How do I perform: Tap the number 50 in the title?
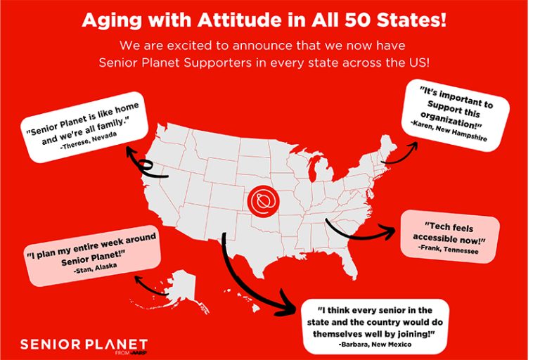pos(358,20)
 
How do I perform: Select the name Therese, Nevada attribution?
pos(89,140)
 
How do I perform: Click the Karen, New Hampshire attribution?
pos(449,131)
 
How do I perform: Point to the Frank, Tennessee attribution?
pos(448,249)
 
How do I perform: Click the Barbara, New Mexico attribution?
pos(375,344)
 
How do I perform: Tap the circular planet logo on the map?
pos(264,202)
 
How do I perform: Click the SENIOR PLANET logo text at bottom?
pos(84,344)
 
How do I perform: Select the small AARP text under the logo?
pos(139,352)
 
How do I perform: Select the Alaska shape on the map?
pos(181,286)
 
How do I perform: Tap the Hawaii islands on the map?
pos(241,300)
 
